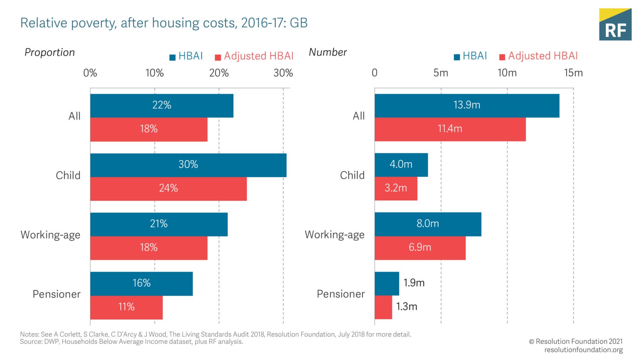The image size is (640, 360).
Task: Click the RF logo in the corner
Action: [x=615, y=25]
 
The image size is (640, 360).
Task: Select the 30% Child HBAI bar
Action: [x=188, y=165]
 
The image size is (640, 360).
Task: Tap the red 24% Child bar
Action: [x=168, y=189]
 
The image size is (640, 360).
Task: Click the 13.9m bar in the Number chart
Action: [x=466, y=106]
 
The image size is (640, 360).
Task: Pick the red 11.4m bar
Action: [x=450, y=129]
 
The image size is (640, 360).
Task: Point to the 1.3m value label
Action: [x=406, y=307]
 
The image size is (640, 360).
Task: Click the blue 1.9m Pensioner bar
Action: [x=387, y=284]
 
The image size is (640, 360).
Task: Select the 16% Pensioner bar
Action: [x=141, y=284]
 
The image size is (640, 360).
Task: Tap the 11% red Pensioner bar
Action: [x=126, y=307]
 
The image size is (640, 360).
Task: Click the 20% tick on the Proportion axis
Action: [x=219, y=73]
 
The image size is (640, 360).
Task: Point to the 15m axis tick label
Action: [x=573, y=73]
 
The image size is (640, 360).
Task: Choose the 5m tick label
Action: [x=441, y=73]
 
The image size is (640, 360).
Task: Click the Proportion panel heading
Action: [x=49, y=53]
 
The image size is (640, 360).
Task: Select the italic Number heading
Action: [x=327, y=52]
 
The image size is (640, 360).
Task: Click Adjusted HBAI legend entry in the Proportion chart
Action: [x=255, y=56]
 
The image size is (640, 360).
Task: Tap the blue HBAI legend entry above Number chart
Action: [x=470, y=56]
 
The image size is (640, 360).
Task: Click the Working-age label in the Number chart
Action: [x=334, y=235]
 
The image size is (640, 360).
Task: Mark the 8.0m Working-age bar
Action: [x=428, y=224]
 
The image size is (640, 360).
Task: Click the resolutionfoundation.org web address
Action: [x=583, y=350]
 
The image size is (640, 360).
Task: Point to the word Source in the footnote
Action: [x=31, y=342]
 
